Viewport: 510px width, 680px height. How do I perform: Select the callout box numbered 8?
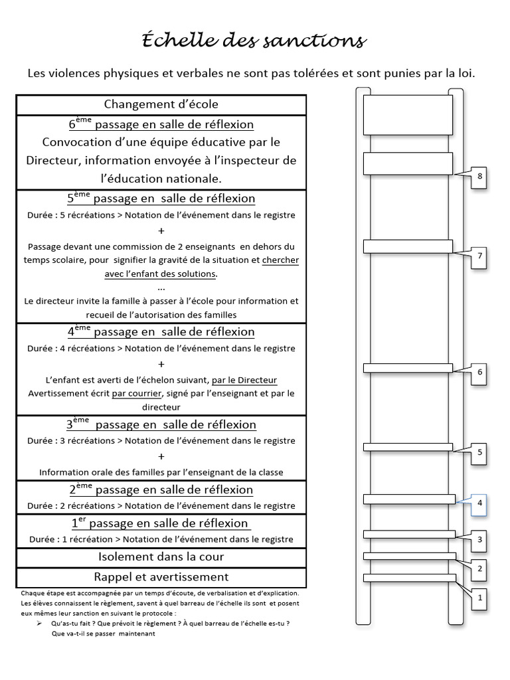click(x=479, y=177)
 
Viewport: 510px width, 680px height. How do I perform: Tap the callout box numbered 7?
click(x=479, y=256)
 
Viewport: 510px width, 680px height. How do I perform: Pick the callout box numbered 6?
click(x=479, y=372)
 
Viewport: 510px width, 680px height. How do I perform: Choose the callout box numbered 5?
click(x=479, y=453)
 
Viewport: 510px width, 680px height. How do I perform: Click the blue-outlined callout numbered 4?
click(x=479, y=503)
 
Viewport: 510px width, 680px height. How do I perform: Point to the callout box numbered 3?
click(x=479, y=539)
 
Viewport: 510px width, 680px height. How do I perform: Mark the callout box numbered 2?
click(x=479, y=568)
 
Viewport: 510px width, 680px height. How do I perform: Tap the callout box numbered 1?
click(x=479, y=598)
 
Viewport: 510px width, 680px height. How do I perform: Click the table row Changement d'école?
click(x=161, y=105)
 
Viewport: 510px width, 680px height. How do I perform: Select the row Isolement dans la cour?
click(x=161, y=557)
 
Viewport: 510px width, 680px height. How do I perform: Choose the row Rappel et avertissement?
click(x=161, y=577)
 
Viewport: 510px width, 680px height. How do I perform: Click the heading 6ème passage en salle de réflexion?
click(x=161, y=125)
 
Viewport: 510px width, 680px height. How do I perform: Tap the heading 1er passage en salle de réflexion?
click(x=161, y=523)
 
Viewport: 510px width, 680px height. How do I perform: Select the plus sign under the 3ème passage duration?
click(x=161, y=456)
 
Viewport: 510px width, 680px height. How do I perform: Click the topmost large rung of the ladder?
click(x=408, y=115)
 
